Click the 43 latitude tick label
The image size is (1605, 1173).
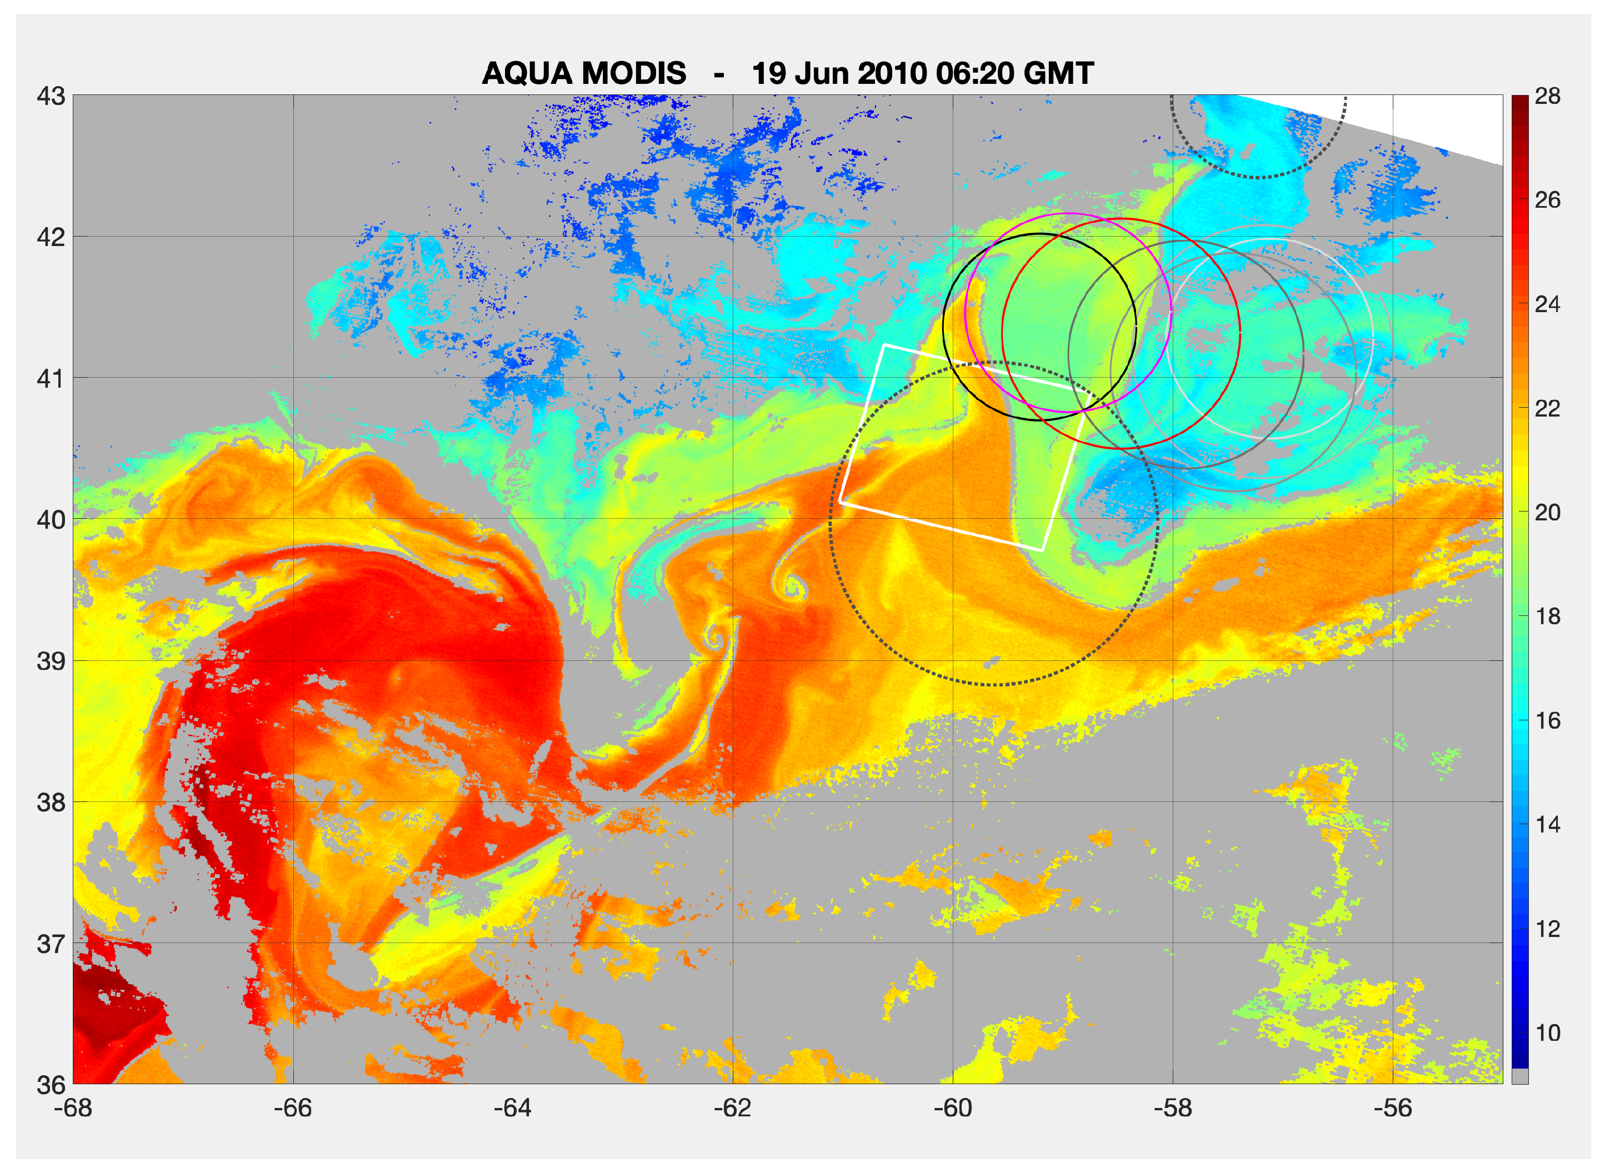point(51,96)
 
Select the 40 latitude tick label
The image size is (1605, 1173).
point(51,520)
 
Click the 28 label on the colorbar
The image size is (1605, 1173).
point(1547,96)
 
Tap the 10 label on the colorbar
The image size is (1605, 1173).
point(1547,1033)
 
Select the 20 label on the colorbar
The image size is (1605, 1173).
point(1547,513)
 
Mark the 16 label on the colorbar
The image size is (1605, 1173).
point(1547,721)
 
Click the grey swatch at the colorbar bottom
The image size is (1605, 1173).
point(1520,1076)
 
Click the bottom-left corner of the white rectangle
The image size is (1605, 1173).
point(840,502)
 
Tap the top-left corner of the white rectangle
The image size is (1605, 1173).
point(884,345)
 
